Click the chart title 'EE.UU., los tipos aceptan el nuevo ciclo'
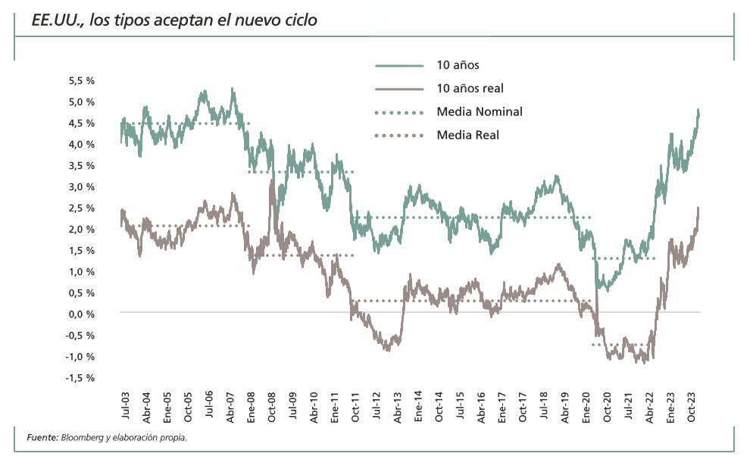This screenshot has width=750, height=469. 173,20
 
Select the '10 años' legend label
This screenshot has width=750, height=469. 458,66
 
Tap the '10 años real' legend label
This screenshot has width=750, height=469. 470,89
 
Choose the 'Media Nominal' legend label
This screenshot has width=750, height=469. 479,112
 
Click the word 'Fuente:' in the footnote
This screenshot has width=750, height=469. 42,437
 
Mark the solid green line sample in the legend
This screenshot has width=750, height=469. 398,66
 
